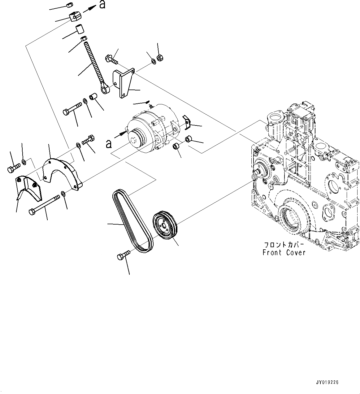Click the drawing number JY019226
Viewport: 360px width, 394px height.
327,383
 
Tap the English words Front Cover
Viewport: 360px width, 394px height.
284,253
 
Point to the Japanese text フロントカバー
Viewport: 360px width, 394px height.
284,244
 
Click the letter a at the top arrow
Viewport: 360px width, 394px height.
102,5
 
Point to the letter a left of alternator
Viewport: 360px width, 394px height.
108,144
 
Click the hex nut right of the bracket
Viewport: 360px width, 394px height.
160,58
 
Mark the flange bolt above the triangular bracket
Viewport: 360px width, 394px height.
112,59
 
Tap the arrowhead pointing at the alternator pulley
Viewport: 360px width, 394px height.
125,133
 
